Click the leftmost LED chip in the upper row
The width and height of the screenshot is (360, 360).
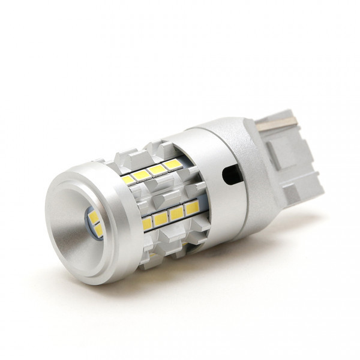128,179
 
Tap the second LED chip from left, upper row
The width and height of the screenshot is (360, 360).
142,175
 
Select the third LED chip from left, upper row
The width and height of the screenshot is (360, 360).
157,169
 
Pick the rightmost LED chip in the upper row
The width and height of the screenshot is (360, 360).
172,164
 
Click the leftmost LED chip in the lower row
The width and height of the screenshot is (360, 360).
147,224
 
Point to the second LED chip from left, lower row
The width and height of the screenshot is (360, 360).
161,219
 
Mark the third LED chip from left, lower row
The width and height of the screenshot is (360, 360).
176,214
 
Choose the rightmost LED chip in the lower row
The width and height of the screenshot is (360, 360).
191,208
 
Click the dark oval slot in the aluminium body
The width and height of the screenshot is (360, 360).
231,176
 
